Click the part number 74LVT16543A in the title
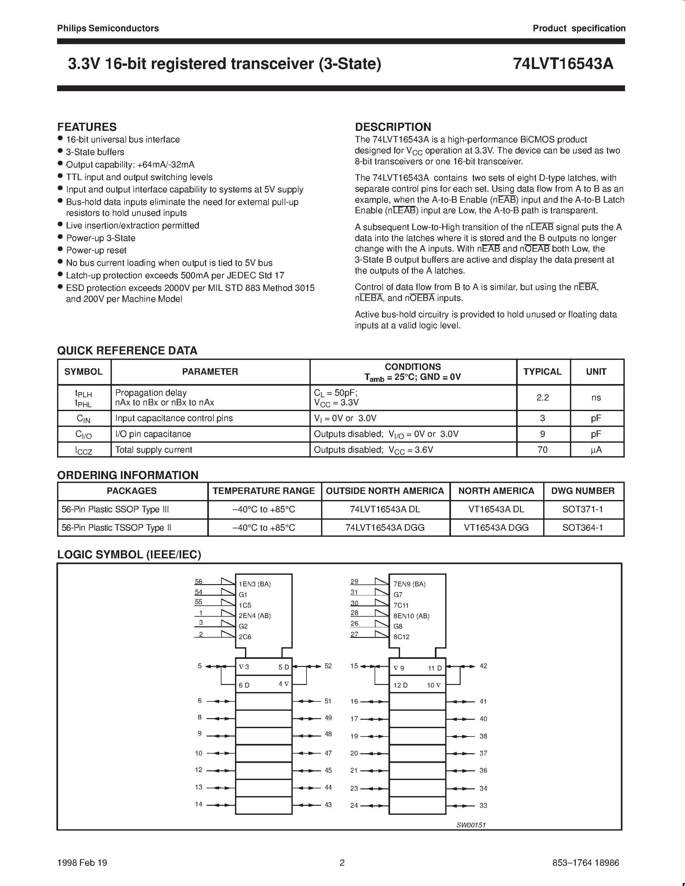point(563,64)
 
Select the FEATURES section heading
point(87,127)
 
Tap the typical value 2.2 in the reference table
point(543,398)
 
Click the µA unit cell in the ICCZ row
point(596,449)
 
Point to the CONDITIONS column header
point(413,366)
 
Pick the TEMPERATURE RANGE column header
point(264,491)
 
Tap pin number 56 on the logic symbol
point(199,581)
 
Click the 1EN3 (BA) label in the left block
point(254,584)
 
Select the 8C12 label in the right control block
point(401,637)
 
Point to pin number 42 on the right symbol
point(483,666)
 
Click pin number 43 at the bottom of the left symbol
point(328,804)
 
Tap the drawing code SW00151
point(471,825)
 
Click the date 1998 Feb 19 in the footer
point(83,862)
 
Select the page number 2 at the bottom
point(342,862)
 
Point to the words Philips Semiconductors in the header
point(108,28)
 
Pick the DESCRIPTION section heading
point(393,127)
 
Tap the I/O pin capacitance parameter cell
point(153,434)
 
